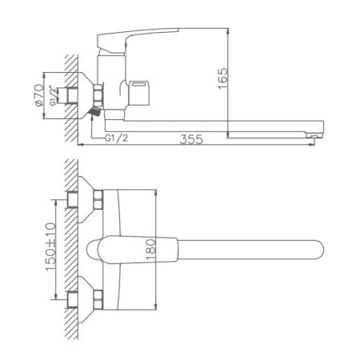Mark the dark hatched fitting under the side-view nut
[94, 114]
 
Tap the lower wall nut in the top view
[99, 301]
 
